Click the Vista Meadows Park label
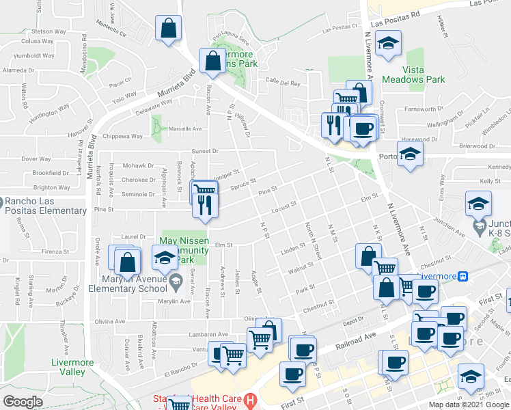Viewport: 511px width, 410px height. (x=413, y=74)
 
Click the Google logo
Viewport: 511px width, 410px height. (x=23, y=402)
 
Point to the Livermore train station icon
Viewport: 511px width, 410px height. (x=463, y=277)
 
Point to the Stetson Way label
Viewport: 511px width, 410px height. (x=49, y=31)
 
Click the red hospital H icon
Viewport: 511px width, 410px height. (x=251, y=398)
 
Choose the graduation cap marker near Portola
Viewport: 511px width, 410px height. (x=410, y=154)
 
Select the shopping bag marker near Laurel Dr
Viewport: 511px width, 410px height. (x=127, y=261)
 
